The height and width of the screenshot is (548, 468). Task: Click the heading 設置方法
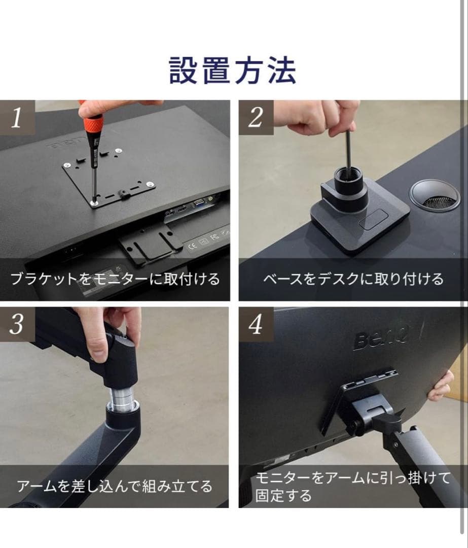click(x=233, y=71)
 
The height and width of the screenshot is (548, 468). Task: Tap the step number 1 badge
click(x=17, y=118)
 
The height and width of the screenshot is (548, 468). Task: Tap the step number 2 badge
click(x=256, y=118)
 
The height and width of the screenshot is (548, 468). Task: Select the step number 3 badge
click(x=17, y=324)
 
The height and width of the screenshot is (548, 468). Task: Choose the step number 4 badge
click(x=256, y=324)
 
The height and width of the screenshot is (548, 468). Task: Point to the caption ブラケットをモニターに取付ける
click(x=115, y=279)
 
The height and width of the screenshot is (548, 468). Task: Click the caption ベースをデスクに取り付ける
click(x=353, y=279)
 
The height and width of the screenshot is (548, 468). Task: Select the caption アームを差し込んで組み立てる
click(x=115, y=487)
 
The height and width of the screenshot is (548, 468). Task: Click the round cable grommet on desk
click(x=434, y=195)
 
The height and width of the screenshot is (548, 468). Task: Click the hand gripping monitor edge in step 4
click(x=441, y=386)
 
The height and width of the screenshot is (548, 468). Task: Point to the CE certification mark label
click(x=193, y=248)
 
